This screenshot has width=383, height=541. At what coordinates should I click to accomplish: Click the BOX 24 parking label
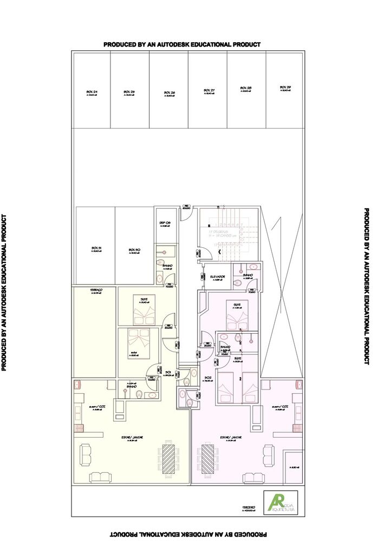point(92,93)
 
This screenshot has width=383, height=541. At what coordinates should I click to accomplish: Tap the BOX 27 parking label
point(209,90)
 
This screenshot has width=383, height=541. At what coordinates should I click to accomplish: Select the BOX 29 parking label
point(285,88)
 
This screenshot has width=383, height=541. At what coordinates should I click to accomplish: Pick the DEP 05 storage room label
point(165,223)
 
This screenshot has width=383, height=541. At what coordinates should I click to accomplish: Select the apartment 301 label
point(168,372)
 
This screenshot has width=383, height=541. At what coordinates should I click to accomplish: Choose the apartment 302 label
point(207,378)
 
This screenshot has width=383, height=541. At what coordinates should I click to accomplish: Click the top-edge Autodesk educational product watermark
point(182,44)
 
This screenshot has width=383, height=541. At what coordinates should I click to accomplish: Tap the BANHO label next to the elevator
point(248,275)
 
